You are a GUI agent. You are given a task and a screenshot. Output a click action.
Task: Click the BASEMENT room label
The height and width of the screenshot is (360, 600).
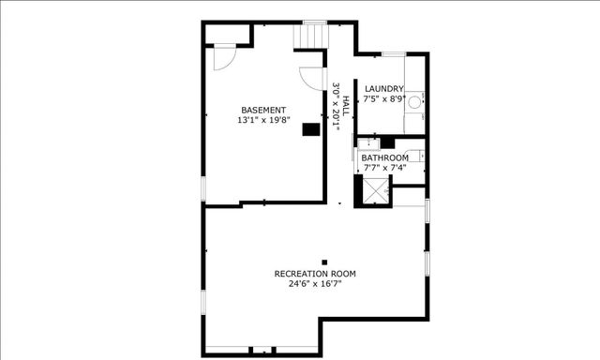coord(263,110)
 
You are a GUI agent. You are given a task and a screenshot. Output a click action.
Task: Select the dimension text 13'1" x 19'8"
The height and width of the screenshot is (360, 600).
coord(263,120)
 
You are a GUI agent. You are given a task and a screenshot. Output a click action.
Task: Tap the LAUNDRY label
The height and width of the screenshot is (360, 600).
coord(384,89)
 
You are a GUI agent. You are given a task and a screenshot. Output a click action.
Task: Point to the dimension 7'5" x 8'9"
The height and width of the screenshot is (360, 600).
coord(384,98)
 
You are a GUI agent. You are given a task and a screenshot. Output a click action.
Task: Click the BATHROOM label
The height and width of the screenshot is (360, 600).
coord(385,157)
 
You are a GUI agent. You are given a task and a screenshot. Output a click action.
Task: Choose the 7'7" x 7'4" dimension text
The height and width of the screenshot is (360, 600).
coord(385,167)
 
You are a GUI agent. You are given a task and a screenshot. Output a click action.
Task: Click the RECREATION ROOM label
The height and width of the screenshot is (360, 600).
coord(315,274)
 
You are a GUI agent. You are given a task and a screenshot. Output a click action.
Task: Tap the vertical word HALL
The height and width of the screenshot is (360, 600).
coord(345,104)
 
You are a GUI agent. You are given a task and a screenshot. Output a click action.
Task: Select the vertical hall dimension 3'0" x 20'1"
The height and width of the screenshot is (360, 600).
coord(336,106)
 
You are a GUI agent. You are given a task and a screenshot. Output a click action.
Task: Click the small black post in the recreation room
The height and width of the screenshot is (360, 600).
coord(324,262)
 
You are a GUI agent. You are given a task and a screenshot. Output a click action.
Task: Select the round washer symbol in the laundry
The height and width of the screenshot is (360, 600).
coord(413,97)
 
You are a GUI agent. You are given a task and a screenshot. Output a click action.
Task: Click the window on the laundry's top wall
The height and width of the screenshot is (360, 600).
coord(393,53)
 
